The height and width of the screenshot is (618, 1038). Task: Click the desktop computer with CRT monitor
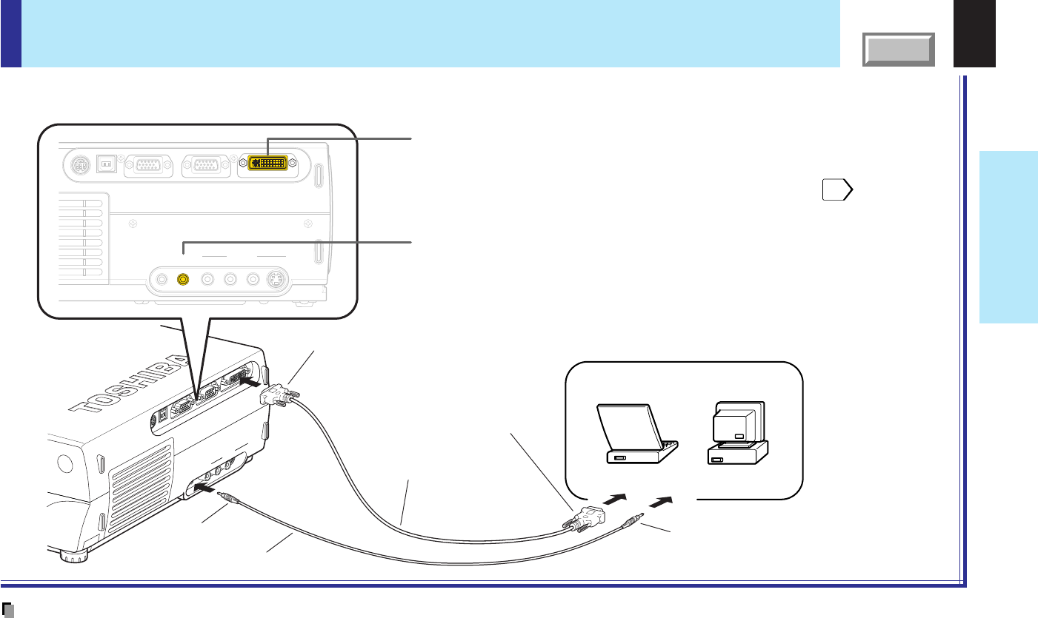click(x=737, y=434)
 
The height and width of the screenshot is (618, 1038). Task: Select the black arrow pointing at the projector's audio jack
click(x=208, y=489)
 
